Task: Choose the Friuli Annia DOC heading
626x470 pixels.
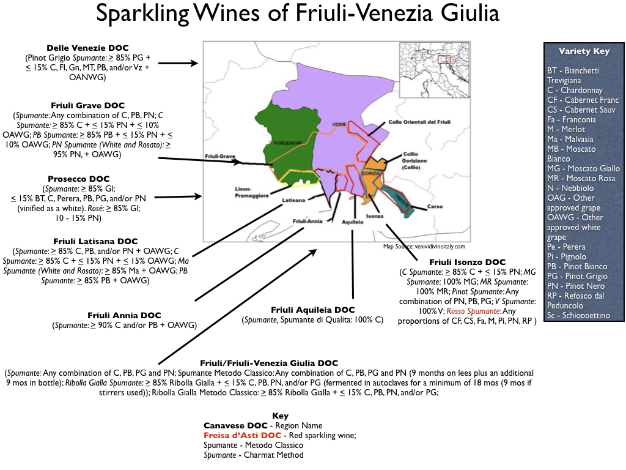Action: click(x=124, y=315)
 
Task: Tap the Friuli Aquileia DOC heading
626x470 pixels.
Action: click(x=312, y=310)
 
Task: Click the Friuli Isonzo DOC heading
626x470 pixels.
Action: click(x=467, y=262)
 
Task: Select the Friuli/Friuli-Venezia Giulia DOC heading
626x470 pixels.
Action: click(x=269, y=363)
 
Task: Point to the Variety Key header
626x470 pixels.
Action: click(x=584, y=51)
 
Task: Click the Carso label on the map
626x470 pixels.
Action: click(x=435, y=207)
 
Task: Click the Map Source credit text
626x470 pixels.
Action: click(x=424, y=247)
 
